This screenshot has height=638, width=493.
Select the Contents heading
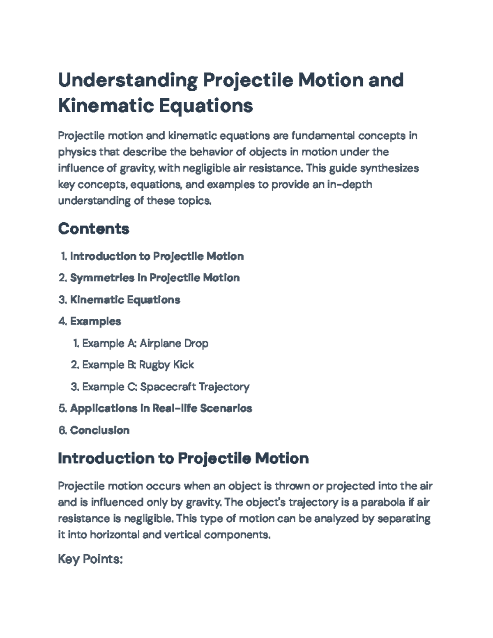94,228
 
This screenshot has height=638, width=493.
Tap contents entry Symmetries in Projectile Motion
154,278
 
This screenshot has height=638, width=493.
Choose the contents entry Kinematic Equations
125,299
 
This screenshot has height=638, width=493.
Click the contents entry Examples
95,321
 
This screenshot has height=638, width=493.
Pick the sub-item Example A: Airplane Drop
145,343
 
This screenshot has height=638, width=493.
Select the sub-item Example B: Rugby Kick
138,365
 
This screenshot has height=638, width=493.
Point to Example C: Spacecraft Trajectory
166,387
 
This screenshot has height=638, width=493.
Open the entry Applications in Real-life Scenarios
161,408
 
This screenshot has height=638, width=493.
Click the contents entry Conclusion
100,430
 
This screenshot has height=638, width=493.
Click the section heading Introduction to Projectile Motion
183,458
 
